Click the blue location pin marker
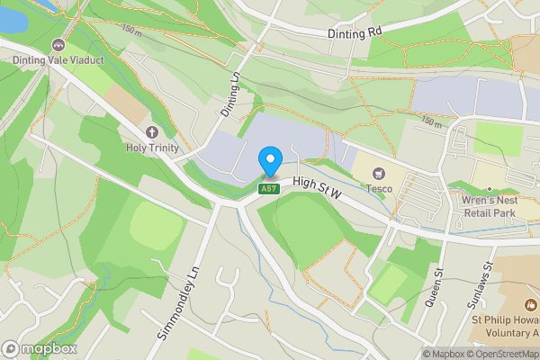click(x=269, y=161)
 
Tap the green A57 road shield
click(x=267, y=188)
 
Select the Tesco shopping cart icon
click(x=378, y=172)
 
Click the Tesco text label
click(x=378, y=188)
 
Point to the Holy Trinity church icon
click(x=152, y=131)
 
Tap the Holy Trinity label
click(x=152, y=148)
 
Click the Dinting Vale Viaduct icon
click(x=59, y=44)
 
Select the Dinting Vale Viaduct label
click(x=58, y=60)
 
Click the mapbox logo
click(x=40, y=348)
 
